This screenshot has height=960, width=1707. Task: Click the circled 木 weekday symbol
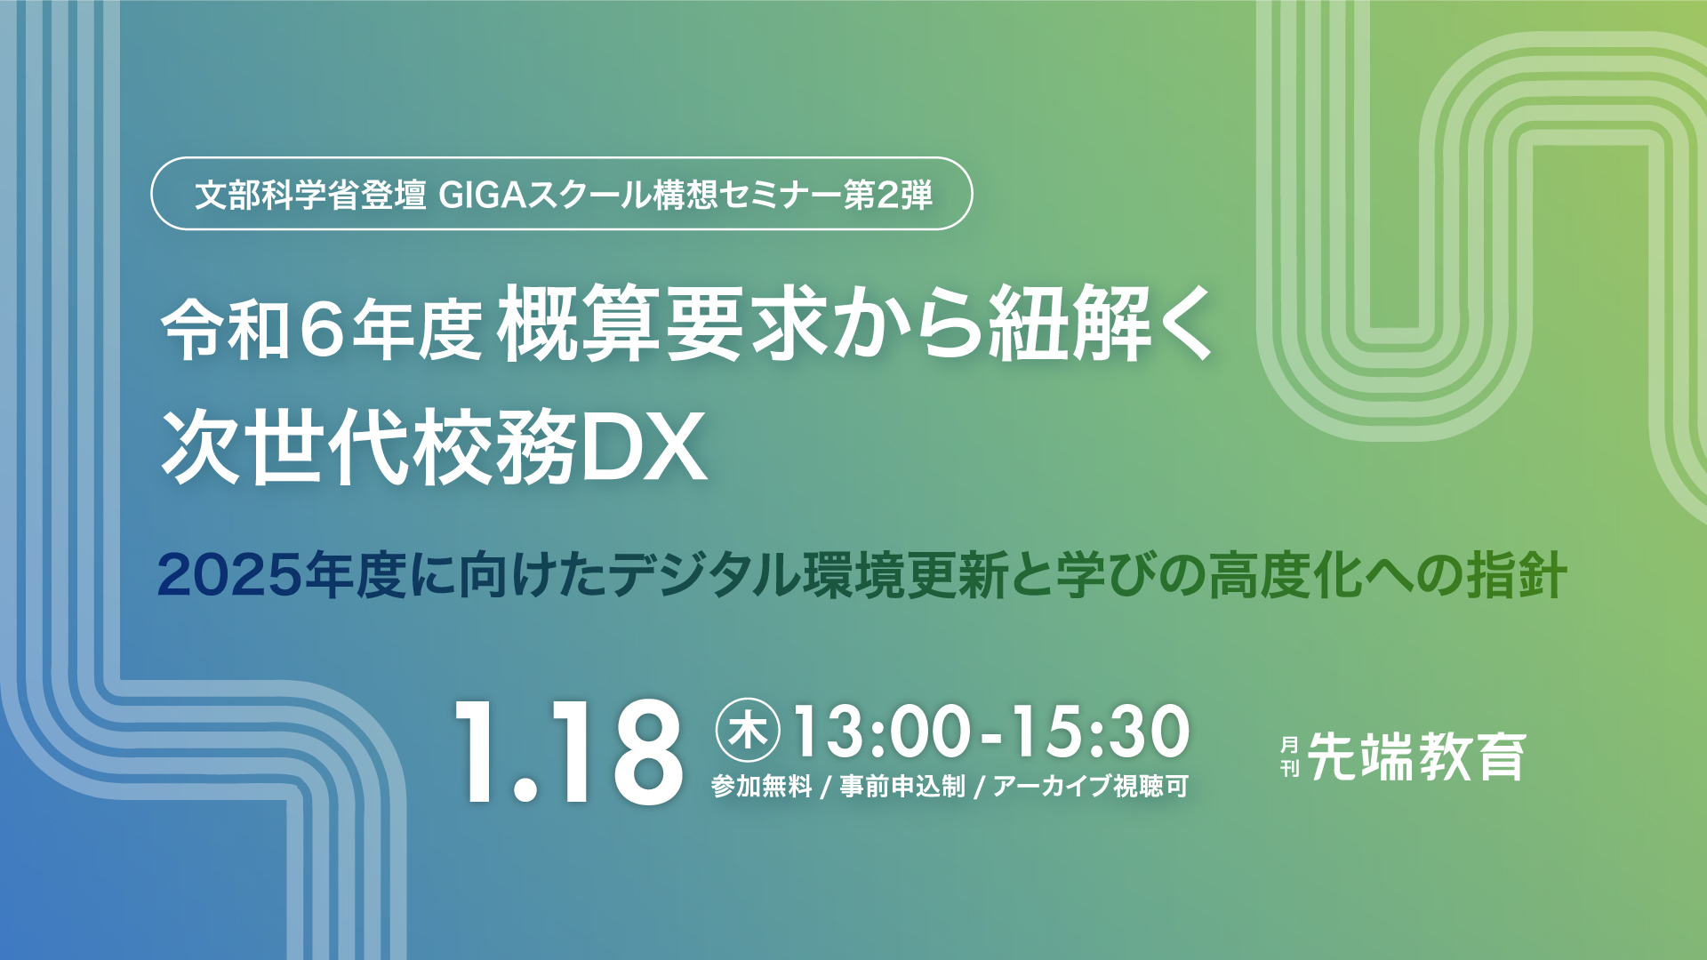tap(748, 731)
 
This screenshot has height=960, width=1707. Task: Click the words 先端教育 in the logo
tap(1417, 756)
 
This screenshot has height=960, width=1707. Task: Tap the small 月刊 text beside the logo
tap(1290, 756)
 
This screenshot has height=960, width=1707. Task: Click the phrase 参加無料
tap(762, 786)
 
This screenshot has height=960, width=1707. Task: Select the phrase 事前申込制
tap(902, 786)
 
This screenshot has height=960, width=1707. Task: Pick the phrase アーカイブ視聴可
tap(1091, 786)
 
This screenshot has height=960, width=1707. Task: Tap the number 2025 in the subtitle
tap(230, 575)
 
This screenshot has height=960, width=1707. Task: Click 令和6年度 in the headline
tap(322, 327)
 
